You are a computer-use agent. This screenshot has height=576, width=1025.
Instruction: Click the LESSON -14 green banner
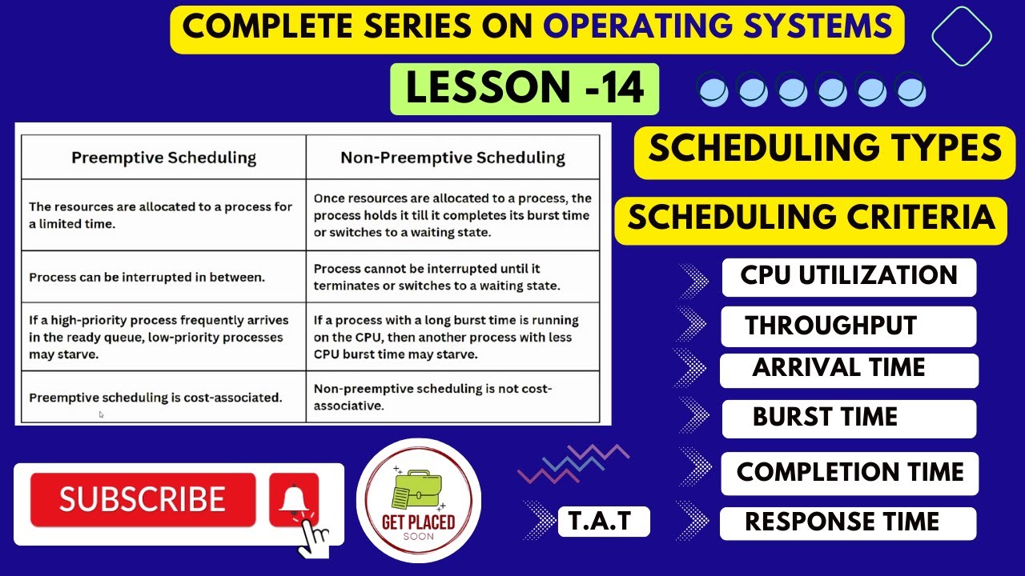click(x=525, y=89)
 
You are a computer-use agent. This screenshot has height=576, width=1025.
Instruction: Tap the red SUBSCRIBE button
click(x=143, y=500)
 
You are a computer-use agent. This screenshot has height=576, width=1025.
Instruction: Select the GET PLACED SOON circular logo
click(x=419, y=500)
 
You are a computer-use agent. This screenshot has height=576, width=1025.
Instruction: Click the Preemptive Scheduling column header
click(x=163, y=158)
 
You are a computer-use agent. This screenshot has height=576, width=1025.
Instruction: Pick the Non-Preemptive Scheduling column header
click(x=452, y=158)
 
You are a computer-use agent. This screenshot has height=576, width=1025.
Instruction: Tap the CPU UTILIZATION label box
click(x=849, y=277)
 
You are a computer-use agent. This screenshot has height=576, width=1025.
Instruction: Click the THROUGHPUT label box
click(x=849, y=326)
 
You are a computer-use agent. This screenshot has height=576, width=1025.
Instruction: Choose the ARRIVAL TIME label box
click(x=849, y=370)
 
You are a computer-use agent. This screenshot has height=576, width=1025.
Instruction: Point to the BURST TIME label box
click(x=849, y=418)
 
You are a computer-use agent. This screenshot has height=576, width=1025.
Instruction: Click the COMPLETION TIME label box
click(x=849, y=473)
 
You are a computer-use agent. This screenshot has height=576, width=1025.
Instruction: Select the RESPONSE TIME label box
click(x=849, y=523)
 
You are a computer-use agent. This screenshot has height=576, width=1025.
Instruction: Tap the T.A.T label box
click(x=603, y=522)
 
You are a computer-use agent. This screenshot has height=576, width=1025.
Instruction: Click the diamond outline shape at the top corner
click(x=962, y=35)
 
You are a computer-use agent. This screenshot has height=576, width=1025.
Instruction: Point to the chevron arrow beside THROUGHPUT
click(x=692, y=325)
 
